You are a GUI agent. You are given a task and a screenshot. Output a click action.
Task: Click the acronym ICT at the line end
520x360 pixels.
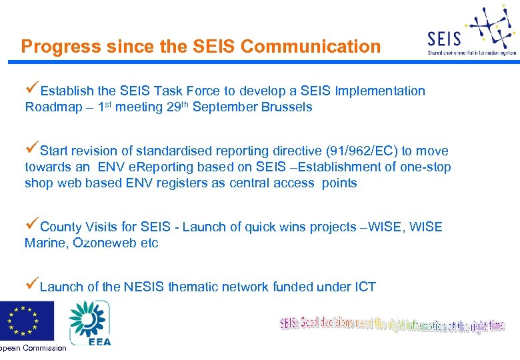tap(364, 287)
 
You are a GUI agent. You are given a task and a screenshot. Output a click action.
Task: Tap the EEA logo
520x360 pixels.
tap(90, 323)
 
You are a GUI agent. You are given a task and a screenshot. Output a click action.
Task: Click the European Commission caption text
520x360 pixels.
tap(33, 348)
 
